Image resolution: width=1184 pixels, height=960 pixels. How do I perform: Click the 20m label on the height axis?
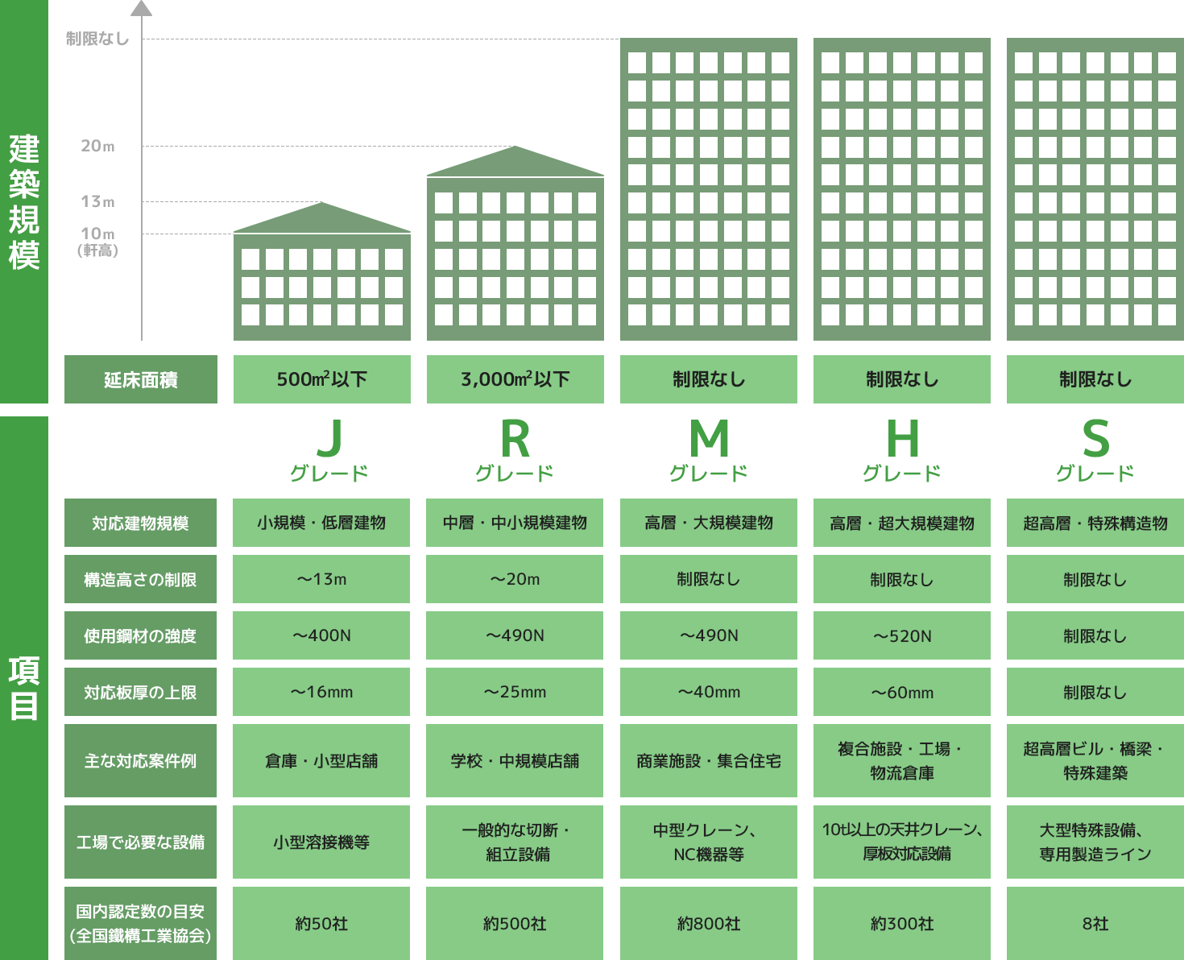coord(97,146)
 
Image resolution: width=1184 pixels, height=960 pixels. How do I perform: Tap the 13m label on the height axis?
coord(97,201)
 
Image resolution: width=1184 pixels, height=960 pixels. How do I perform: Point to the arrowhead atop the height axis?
coord(142,8)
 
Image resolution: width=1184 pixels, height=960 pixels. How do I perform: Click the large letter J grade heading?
coord(329,439)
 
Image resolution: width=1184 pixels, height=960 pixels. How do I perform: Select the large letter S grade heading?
coord(1095,439)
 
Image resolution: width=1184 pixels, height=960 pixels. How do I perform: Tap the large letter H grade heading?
coord(902,439)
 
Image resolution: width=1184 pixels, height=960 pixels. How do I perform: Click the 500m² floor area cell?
coord(321,379)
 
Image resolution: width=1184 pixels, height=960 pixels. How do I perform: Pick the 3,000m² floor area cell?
coord(515,379)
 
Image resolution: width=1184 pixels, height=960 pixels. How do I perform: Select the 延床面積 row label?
coord(141,379)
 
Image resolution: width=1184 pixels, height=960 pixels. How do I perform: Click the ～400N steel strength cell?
coord(321,635)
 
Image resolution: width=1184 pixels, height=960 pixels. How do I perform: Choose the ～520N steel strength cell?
coord(902,635)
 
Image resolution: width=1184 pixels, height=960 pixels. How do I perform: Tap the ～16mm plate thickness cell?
coord(321,692)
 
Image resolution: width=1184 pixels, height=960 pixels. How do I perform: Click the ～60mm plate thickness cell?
coord(902,692)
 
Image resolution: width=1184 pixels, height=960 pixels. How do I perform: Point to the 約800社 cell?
coord(709,923)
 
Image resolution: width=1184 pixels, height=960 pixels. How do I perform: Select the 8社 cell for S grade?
coord(1095,923)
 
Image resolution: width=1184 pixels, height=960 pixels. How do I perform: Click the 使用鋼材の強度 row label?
coord(140,635)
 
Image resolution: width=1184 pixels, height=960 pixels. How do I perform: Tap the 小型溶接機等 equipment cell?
coord(321,842)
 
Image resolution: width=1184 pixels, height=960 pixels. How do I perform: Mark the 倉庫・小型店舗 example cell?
coord(321,761)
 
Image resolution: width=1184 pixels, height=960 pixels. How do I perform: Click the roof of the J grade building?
coord(322,219)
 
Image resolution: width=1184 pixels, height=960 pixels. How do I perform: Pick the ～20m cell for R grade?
coord(515,579)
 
